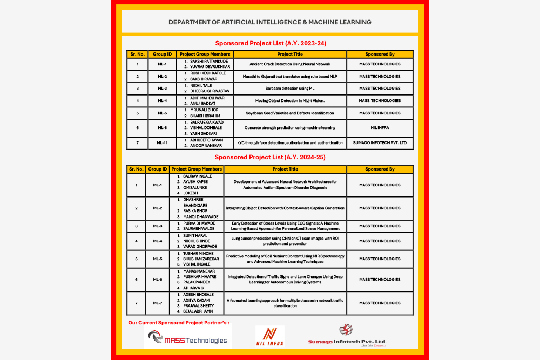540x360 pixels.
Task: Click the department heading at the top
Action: (x=269, y=22)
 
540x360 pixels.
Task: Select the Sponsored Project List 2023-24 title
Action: (x=271, y=43)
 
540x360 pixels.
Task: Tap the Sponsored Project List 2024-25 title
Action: (x=270, y=157)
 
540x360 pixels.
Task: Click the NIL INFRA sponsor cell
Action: (x=380, y=128)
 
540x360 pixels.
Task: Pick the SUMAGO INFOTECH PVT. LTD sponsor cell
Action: (x=380, y=143)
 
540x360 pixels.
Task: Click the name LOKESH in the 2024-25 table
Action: (x=191, y=193)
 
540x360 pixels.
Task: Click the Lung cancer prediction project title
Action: (x=285, y=240)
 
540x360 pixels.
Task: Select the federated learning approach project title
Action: (x=285, y=303)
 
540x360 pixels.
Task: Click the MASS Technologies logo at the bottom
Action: (x=188, y=339)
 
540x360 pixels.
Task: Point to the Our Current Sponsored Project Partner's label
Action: (x=179, y=323)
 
